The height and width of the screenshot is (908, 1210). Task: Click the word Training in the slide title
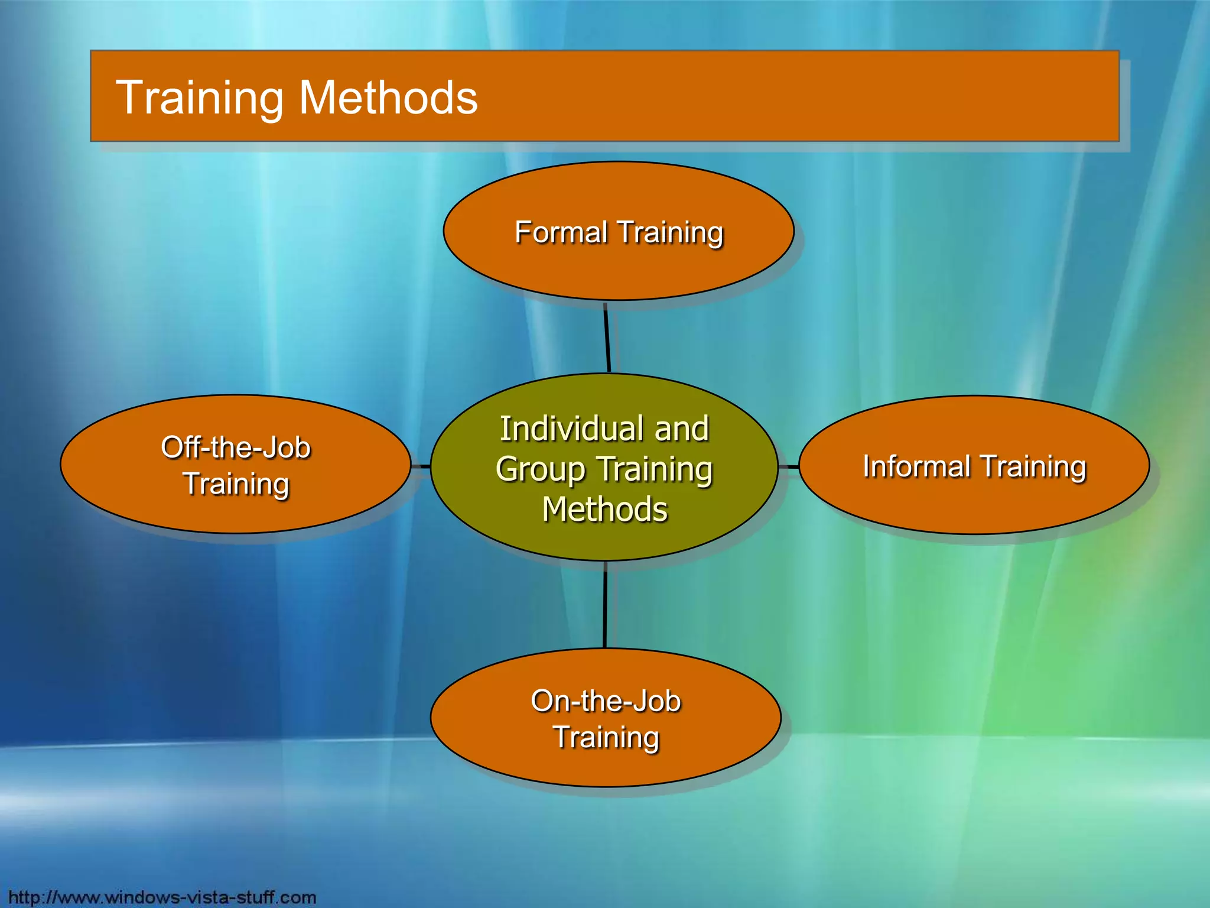(200, 98)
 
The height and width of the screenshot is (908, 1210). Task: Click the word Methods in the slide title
(388, 98)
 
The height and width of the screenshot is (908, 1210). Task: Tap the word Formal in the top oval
(561, 232)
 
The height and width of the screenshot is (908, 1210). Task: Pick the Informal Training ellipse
(974, 502)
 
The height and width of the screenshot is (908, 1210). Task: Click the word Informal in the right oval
(916, 466)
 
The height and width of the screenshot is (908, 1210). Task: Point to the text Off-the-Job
(236, 447)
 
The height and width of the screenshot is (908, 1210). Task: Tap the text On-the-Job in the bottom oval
(606, 701)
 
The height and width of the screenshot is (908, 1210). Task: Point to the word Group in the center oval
(541, 469)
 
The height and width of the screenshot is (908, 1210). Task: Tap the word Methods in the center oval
(605, 510)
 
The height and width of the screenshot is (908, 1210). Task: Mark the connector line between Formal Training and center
(607, 337)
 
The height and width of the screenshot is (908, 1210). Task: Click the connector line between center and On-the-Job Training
(605, 604)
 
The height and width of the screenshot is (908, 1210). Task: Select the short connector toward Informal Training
(788, 467)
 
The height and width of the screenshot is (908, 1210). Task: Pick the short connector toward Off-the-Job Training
(421, 466)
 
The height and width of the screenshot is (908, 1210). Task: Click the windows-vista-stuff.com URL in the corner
(162, 897)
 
